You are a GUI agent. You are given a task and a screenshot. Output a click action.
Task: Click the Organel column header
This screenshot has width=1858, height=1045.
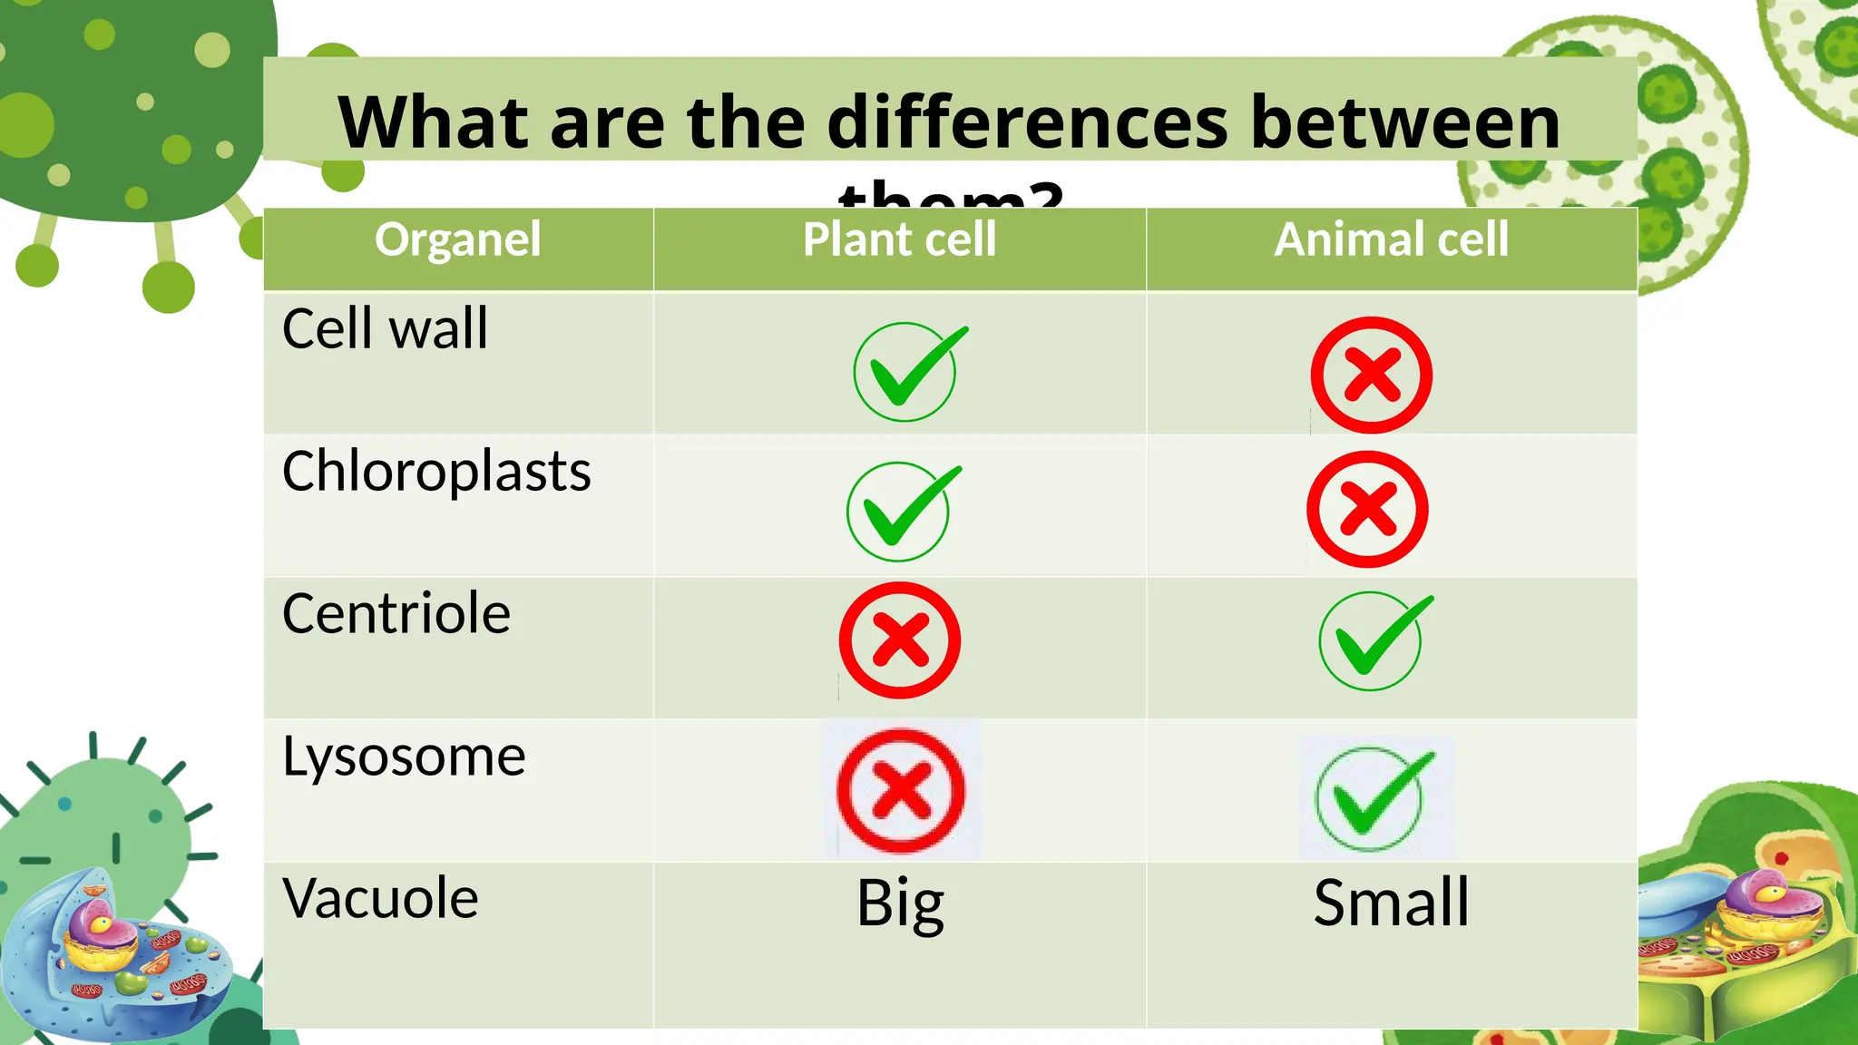pos(457,240)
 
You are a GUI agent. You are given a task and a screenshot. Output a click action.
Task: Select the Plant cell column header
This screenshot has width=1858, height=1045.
pos(899,240)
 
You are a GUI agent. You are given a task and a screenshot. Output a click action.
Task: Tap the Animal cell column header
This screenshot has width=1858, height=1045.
pos(1392,240)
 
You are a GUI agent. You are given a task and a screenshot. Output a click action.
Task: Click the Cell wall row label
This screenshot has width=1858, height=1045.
pos(385,328)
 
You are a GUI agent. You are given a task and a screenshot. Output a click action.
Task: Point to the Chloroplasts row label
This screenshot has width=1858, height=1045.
pos(436,472)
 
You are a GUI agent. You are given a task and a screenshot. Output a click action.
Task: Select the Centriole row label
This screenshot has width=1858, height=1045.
pos(396,614)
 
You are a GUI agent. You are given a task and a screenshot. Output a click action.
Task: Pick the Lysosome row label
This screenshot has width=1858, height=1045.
pos(404,757)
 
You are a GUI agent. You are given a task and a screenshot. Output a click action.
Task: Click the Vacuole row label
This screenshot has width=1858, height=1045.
pos(380,899)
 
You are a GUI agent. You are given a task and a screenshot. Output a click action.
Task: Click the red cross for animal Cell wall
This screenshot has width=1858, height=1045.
pos(1371,375)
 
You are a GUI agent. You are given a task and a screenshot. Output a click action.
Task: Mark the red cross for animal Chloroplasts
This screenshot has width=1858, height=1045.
pos(1367,509)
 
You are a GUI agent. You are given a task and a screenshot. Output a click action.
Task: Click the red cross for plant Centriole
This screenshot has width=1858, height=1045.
pos(900,640)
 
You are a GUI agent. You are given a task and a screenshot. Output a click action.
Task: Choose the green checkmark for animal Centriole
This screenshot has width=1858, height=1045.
pos(1373,640)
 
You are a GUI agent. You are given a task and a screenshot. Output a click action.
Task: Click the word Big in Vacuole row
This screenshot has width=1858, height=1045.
pos(900,904)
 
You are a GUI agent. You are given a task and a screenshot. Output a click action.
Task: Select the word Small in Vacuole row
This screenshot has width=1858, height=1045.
pos(1391,903)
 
